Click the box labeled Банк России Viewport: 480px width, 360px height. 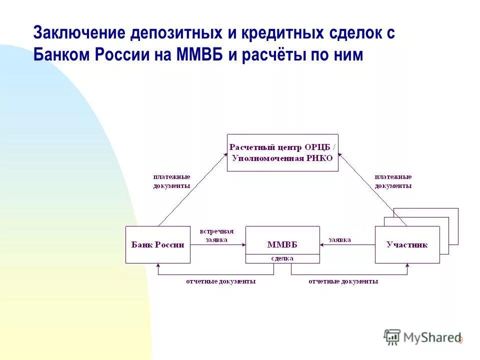coord(157,244)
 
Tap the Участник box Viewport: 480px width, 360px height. coord(407,244)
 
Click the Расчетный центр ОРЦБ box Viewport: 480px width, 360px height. coord(282,152)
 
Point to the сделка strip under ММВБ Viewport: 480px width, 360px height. coord(282,258)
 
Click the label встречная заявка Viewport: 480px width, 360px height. coord(216,235)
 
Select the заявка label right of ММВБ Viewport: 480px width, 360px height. coord(339,239)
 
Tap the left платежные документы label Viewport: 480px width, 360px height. coord(171,181)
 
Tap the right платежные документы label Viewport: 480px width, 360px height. coord(393,181)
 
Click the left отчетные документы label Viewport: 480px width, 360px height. coord(220,281)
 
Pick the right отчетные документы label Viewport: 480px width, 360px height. coord(343,281)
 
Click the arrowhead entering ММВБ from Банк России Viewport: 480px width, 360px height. coord(243,244)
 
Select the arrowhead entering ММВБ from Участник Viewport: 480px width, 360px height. coord(322,244)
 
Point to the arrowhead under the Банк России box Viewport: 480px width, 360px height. coord(158,265)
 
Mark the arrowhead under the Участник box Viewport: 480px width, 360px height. coord(407,265)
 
